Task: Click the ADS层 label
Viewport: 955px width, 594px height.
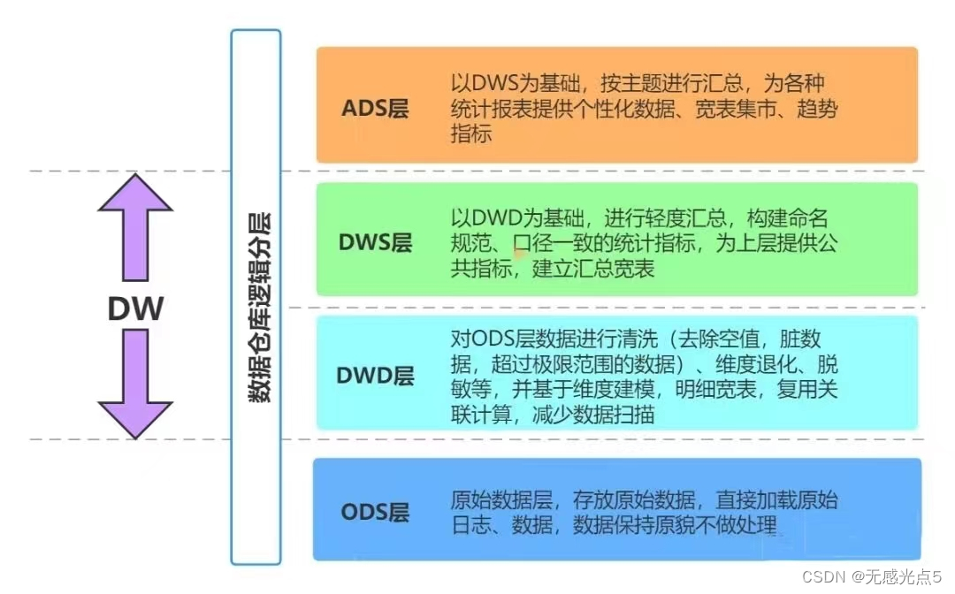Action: pyautogui.click(x=375, y=110)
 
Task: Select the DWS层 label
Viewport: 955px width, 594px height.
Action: pyautogui.click(x=375, y=242)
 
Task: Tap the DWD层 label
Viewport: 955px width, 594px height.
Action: pyautogui.click(x=375, y=376)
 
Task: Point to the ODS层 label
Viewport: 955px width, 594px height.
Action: pyautogui.click(x=375, y=513)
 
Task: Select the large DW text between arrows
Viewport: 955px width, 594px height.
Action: pyautogui.click(x=135, y=308)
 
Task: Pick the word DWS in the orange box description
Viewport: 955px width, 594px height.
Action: pyautogui.click(x=492, y=86)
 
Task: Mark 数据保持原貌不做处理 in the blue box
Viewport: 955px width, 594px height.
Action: pyautogui.click(x=675, y=526)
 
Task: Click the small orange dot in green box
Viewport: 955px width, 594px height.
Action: pyautogui.click(x=522, y=255)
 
